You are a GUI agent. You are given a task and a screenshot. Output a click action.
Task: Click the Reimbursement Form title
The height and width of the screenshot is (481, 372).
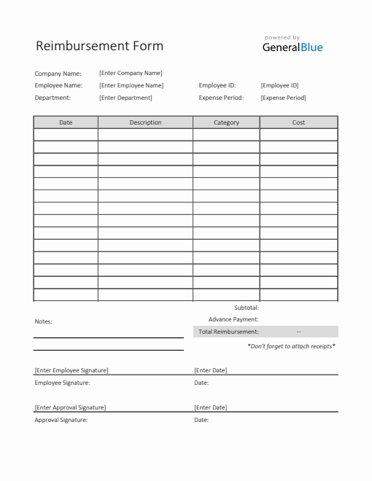99,46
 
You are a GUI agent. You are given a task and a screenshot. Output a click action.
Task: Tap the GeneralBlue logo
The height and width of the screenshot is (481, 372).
292,47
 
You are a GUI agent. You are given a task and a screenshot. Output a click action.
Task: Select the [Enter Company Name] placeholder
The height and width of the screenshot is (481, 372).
131,73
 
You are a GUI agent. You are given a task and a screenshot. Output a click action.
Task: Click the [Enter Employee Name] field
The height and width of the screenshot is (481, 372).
131,85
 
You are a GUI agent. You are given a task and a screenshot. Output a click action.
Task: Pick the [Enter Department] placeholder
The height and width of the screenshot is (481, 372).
125,98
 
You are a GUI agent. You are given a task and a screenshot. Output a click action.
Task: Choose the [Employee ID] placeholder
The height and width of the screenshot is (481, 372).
279,85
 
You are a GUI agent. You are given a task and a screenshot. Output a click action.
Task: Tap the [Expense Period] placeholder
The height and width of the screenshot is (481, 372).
283,98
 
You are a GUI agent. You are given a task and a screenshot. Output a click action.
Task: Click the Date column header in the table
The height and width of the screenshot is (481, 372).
66,122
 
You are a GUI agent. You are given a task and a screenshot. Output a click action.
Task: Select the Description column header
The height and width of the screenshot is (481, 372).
145,122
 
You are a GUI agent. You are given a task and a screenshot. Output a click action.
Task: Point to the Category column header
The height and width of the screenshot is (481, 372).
226,122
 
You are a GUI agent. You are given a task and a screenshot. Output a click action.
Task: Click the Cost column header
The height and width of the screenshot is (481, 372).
298,122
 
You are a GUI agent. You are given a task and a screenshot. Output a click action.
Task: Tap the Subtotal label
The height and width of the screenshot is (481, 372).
246,308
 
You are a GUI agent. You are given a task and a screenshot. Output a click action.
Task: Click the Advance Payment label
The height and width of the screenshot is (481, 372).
233,319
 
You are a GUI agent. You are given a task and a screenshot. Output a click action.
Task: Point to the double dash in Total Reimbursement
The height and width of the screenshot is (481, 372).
299,332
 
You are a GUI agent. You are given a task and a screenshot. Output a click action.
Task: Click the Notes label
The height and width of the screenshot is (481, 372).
43,321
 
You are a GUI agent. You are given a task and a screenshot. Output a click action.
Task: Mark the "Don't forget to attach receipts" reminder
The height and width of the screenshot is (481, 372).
291,346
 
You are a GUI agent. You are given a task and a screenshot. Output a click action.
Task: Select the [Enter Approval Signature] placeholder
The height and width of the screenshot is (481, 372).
70,407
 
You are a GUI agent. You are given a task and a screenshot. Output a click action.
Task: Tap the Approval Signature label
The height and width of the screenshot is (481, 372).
61,420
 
